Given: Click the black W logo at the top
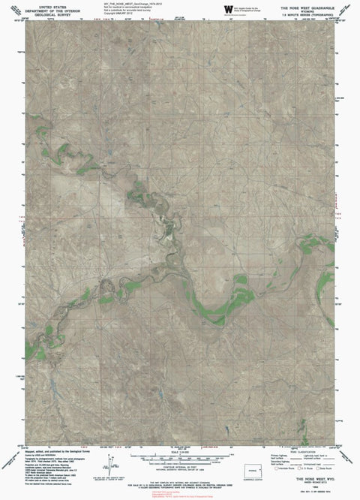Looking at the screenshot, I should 228,8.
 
